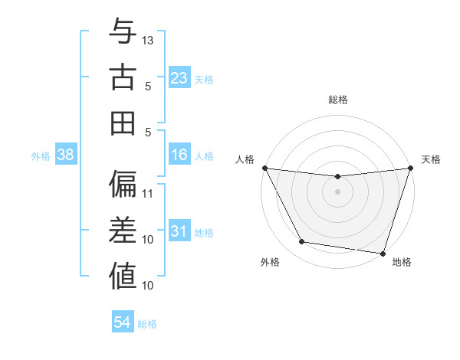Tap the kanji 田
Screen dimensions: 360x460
tap(123, 123)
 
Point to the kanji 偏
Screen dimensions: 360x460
tap(123, 185)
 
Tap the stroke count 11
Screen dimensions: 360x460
tap(149, 193)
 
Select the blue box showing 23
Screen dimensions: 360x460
tap(179, 78)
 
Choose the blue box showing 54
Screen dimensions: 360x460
tap(122, 322)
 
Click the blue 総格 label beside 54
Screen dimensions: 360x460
tap(147, 324)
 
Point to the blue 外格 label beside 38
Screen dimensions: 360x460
tap(41, 156)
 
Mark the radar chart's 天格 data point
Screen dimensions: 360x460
tap(410, 168)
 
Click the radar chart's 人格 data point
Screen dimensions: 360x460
tap(264, 168)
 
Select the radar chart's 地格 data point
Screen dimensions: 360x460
tap(383, 253)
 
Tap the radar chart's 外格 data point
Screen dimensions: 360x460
tap(302, 242)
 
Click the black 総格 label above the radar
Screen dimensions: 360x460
tap(337, 100)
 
